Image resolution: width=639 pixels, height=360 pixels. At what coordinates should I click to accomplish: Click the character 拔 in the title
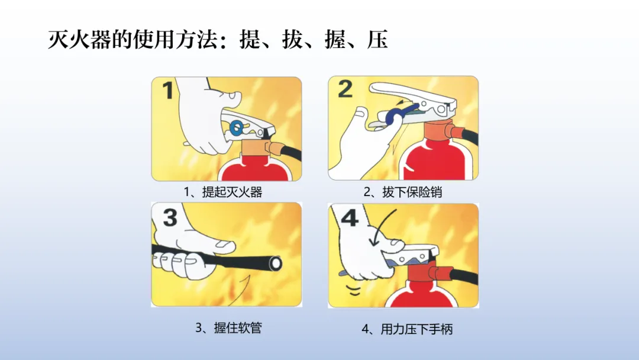click(x=293, y=40)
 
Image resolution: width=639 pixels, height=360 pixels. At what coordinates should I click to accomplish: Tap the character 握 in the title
click(x=335, y=40)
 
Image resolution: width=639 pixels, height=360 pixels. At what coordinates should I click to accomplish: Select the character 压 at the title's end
click(x=377, y=40)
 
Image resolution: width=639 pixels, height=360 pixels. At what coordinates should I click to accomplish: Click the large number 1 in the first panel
click(x=168, y=90)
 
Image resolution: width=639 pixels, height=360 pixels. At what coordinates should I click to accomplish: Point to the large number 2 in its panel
click(x=345, y=89)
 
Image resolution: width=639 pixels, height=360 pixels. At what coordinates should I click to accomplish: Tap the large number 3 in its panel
click(x=170, y=217)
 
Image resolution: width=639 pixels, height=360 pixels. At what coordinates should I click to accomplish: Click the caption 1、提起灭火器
click(x=222, y=192)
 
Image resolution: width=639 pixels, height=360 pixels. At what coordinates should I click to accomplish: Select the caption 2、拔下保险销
click(x=403, y=192)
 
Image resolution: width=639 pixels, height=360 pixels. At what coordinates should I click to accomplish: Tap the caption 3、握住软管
click(x=228, y=327)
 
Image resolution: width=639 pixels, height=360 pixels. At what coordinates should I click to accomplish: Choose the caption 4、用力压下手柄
click(x=407, y=329)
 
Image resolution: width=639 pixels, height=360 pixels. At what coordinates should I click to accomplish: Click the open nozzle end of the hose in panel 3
click(x=276, y=263)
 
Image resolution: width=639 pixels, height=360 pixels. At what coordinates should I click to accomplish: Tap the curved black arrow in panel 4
click(x=380, y=227)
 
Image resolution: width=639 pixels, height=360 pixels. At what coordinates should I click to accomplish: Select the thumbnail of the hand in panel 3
click(x=223, y=244)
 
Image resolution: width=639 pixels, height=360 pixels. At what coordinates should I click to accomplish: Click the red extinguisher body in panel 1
click(x=255, y=169)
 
